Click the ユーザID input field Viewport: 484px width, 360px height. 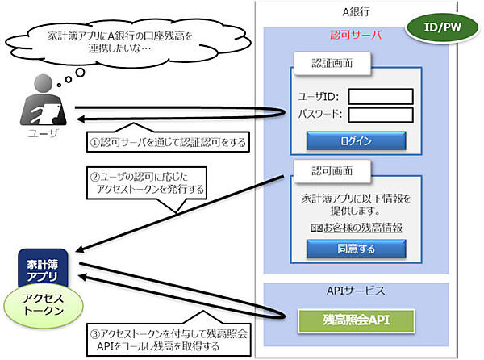pyautogui.click(x=381, y=97)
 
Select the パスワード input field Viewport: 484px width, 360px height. pyautogui.click(x=381, y=115)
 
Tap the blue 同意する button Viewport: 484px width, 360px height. pyautogui.click(x=356, y=249)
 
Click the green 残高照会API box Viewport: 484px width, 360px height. pyautogui.click(x=356, y=320)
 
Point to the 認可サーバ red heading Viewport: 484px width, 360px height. pyautogui.click(x=356, y=36)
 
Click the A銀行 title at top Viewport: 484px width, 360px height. pyautogui.click(x=356, y=10)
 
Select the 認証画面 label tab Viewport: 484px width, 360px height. pyautogui.click(x=331, y=62)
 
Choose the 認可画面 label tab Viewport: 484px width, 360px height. pyautogui.click(x=331, y=171)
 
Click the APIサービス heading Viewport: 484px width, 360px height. pyautogui.click(x=356, y=290)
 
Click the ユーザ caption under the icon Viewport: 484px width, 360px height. pyautogui.click(x=34, y=131)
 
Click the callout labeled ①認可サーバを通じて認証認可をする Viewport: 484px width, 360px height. pyautogui.click(x=167, y=143)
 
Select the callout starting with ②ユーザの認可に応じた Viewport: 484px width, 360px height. pyautogui.click(x=148, y=183)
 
